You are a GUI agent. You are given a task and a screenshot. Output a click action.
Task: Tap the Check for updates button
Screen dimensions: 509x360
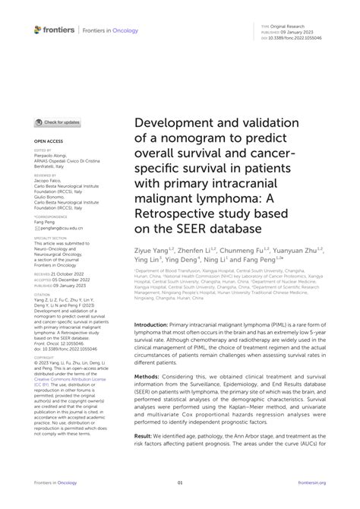[x=58, y=122]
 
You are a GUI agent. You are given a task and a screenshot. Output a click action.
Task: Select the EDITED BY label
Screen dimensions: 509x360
[x=43, y=150]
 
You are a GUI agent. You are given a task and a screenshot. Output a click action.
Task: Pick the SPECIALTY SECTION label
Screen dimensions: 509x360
[x=50, y=238]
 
